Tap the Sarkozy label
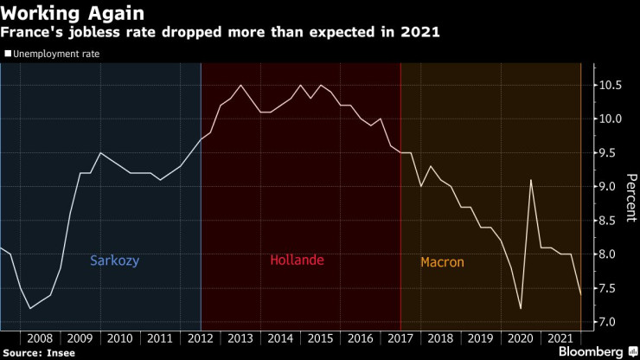coord(114,260)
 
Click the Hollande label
coord(297,260)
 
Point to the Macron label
coord(442,262)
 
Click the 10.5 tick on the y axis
coord(611,85)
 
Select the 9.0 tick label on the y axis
coord(611,187)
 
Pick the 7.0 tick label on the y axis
coord(611,322)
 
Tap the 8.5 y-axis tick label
coord(611,221)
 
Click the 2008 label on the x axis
coord(42,337)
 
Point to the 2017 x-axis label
coord(400,337)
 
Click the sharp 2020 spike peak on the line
coord(530,180)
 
